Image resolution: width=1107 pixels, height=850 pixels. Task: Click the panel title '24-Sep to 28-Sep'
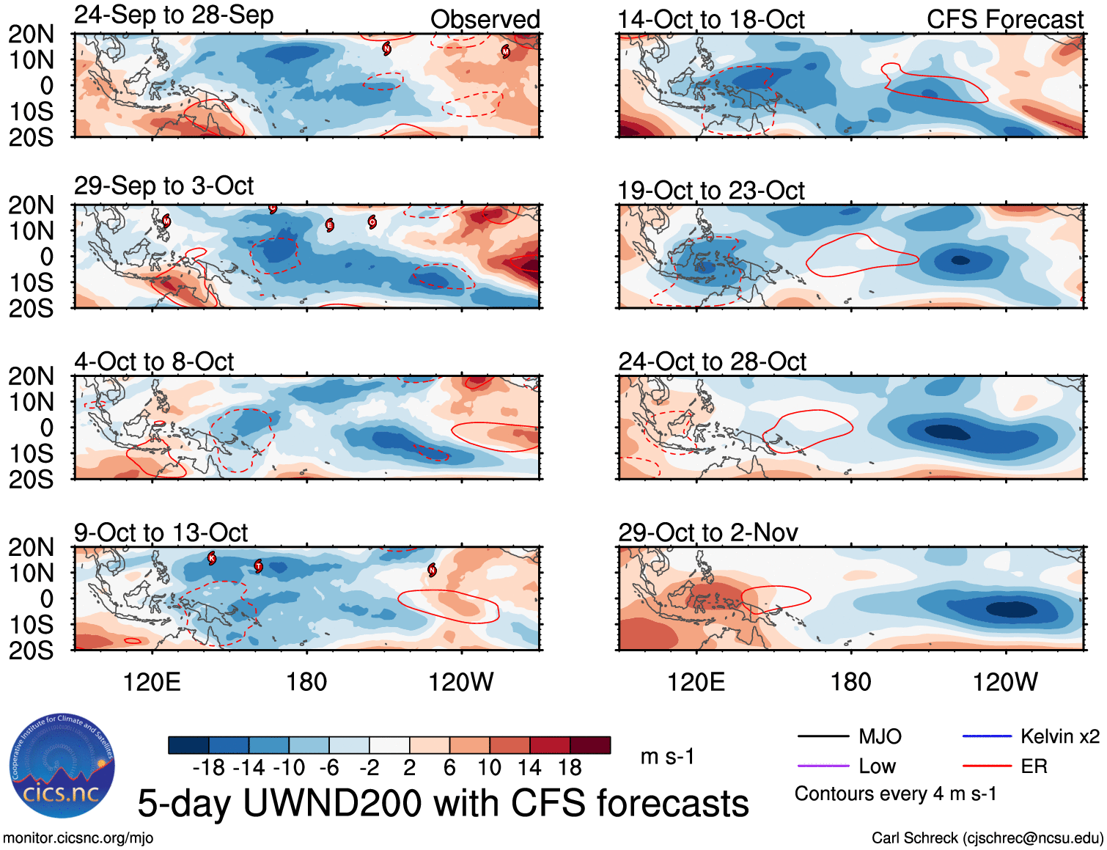coord(174,15)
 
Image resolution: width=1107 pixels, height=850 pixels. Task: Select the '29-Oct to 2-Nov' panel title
coord(707,532)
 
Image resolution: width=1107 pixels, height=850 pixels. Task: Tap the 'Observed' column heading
coord(485,20)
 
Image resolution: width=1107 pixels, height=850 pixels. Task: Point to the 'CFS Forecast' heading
coord(1004,20)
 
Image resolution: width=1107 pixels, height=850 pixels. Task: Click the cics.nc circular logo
coord(62,766)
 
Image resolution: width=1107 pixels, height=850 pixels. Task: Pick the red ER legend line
coord(987,766)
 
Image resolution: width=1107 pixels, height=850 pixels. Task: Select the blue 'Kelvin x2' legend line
coord(987,736)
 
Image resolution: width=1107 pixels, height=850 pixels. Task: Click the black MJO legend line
coord(823,736)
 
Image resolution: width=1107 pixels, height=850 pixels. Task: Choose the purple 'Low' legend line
coord(823,766)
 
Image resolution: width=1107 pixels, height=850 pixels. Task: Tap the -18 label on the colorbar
coord(209,768)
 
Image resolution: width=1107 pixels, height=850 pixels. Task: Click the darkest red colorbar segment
coord(590,745)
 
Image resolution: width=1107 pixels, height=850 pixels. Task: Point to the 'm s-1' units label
coord(667,756)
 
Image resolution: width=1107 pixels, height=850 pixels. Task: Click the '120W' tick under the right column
coord(1005,682)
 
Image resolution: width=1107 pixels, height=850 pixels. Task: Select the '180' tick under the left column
coord(306,682)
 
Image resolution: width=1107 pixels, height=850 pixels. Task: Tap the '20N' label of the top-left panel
coord(31,34)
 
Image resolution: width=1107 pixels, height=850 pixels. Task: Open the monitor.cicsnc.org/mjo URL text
coord(78,838)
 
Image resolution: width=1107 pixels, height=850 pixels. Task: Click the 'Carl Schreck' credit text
coord(914,838)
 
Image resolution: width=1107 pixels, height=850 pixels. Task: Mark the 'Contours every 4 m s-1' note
coord(895,794)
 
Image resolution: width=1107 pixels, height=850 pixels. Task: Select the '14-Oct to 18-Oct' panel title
coord(710,20)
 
